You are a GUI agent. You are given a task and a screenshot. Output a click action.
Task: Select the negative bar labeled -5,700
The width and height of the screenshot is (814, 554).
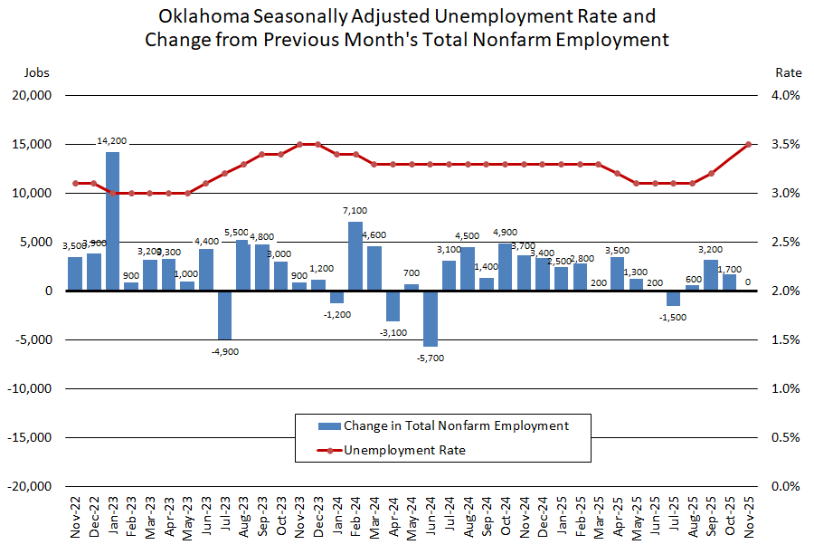430,319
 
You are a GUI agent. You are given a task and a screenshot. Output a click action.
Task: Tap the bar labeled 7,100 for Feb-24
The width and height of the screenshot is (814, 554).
355,256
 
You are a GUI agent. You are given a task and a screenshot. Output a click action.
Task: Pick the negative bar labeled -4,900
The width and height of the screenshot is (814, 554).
224,315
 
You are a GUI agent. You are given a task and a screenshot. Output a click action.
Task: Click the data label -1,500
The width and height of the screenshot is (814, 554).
672,317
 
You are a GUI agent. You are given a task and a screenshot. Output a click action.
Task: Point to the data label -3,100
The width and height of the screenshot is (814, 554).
393,332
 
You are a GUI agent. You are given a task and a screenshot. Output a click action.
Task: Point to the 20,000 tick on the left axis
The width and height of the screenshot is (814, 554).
33,96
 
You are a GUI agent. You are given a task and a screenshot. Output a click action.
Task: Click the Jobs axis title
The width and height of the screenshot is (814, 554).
36,72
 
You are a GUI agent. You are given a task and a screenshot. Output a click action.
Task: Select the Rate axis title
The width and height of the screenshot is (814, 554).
789,72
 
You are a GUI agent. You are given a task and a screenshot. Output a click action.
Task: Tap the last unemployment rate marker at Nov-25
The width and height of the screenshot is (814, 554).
748,144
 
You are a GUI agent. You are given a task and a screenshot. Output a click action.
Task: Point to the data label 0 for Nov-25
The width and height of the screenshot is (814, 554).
748,282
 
